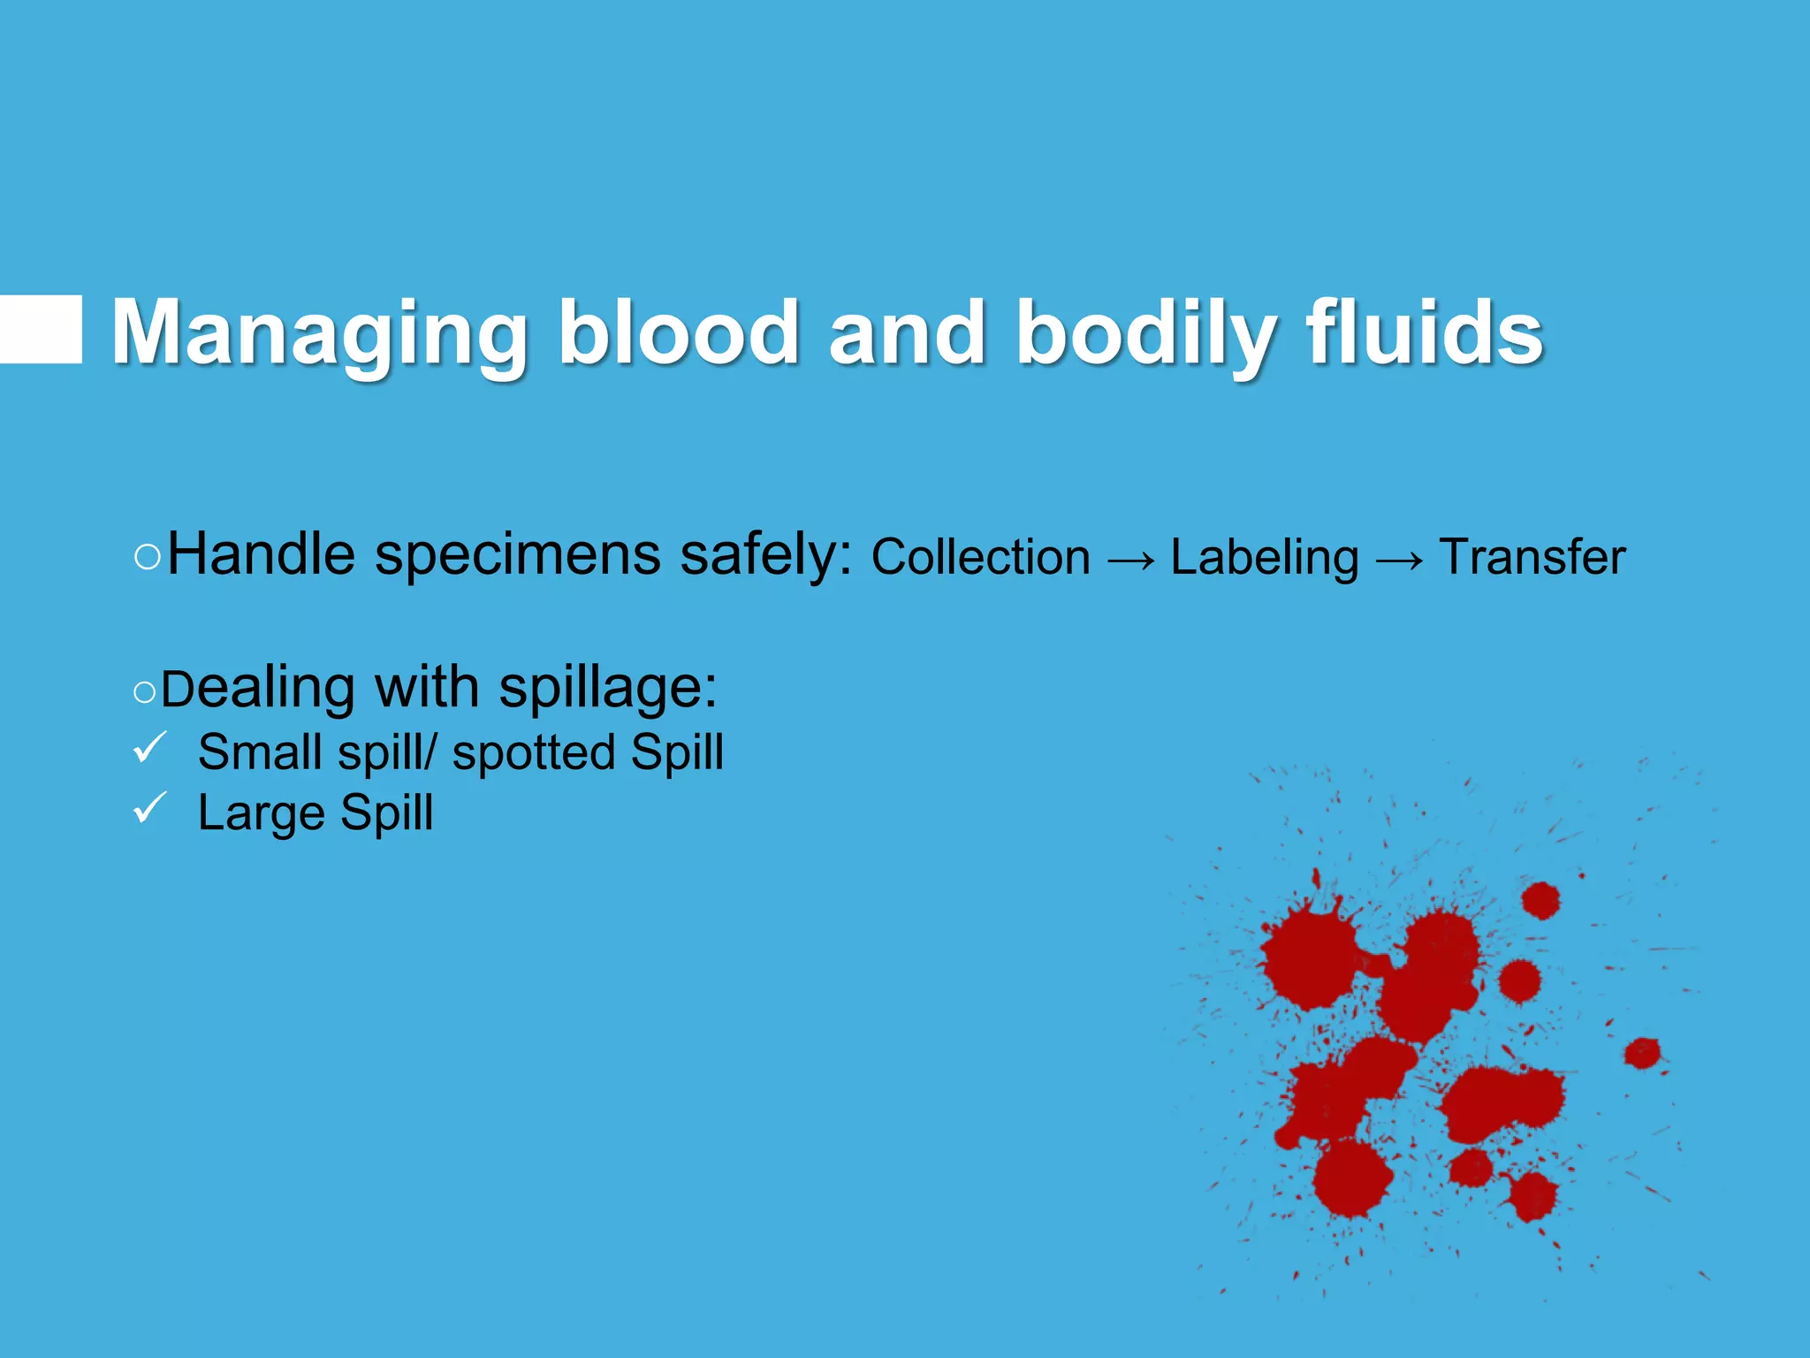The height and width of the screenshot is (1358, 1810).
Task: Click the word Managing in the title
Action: tap(318, 333)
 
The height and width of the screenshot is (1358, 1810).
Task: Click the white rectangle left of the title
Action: tap(41, 330)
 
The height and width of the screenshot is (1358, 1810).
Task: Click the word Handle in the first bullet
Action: tap(261, 555)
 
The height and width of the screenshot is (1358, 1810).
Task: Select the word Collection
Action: tap(980, 558)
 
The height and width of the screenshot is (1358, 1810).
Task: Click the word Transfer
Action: tap(1532, 558)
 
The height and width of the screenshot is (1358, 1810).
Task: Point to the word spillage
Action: tap(608, 688)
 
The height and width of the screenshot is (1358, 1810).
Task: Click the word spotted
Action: tap(534, 753)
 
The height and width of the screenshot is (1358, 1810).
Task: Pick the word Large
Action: tap(261, 813)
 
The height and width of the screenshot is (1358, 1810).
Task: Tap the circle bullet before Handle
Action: tap(148, 558)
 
